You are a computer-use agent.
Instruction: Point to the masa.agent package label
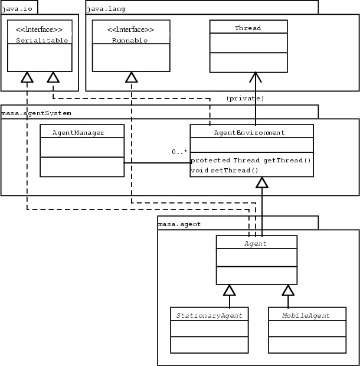(179, 224)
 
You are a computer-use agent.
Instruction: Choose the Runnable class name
(130, 41)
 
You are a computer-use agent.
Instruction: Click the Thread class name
(248, 28)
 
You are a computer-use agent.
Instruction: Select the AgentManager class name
(83, 132)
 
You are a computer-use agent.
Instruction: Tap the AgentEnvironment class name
(252, 132)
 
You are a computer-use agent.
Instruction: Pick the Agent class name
(256, 243)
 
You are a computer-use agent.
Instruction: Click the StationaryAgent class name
(210, 315)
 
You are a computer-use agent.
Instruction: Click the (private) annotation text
(245, 98)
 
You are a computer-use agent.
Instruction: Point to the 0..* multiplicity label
(179, 152)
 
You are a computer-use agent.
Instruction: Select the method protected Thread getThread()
(251, 161)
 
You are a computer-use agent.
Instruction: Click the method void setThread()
(224, 170)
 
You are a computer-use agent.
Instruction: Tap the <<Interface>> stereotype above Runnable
(130, 30)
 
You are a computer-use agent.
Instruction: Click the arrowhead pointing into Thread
(256, 77)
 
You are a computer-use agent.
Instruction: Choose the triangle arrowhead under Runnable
(131, 77)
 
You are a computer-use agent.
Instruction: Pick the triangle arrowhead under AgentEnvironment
(262, 183)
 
